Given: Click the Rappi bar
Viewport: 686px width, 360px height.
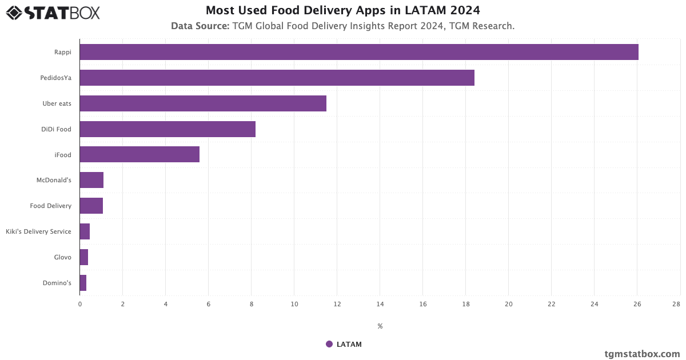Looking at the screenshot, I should [359, 52].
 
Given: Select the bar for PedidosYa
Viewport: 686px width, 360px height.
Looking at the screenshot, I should [277, 78].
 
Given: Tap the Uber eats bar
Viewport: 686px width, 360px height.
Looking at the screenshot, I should [203, 103].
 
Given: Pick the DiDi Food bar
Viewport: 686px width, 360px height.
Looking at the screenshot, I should [167, 129].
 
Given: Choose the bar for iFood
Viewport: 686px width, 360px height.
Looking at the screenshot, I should [139, 154].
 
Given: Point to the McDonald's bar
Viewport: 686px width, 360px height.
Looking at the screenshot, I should [91, 180].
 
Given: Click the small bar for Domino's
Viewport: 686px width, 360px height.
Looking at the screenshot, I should [83, 283].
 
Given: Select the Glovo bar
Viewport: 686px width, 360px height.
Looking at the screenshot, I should [84, 257].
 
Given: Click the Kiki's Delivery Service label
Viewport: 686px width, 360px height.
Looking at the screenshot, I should [38, 231].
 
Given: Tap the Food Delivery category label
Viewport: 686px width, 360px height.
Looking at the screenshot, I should [51, 206].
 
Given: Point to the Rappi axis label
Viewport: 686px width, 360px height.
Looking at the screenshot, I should [63, 52].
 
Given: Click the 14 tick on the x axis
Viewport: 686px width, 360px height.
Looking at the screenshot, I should [380, 305].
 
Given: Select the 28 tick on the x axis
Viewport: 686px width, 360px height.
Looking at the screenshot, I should [676, 305].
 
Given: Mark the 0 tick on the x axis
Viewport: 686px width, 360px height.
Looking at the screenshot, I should [80, 305].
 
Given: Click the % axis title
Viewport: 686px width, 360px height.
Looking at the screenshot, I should [380, 326].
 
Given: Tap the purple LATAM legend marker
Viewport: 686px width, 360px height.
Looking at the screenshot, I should [329, 344].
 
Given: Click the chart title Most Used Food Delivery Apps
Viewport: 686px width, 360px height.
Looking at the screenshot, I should [343, 10].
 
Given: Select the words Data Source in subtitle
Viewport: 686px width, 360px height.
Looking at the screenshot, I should [200, 26].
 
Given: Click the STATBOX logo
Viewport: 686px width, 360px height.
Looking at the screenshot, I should [53, 13].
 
